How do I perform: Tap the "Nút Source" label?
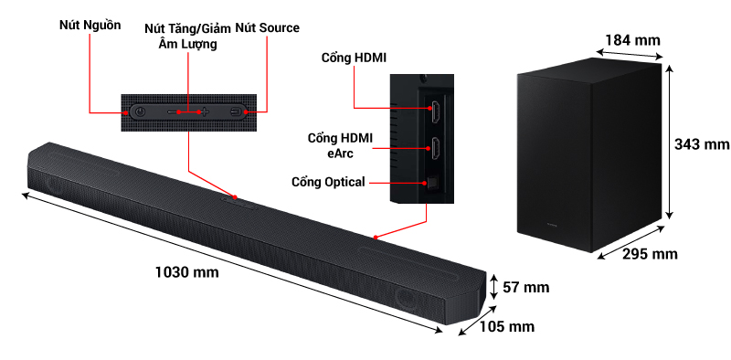267,28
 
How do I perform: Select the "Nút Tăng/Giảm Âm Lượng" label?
187,36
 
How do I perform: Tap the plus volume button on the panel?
205,112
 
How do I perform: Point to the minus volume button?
172,112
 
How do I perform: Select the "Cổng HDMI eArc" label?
340,145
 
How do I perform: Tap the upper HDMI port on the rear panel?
436,111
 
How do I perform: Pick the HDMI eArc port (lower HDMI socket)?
436,147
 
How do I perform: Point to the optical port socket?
433,183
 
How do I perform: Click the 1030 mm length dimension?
186,272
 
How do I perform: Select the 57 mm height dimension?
525,288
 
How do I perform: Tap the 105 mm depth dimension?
508,326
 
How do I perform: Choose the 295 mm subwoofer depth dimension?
651,252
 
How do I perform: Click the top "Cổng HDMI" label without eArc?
354,58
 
